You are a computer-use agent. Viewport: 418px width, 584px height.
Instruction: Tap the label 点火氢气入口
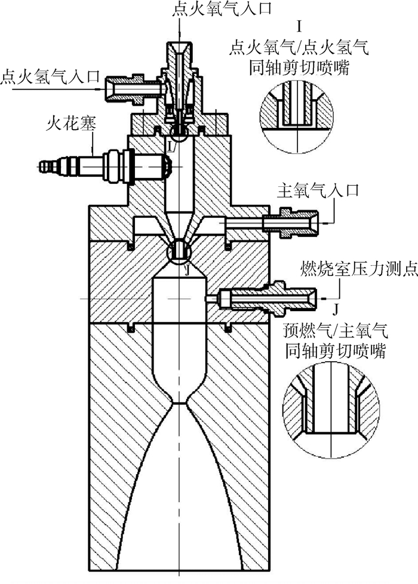point(43,77)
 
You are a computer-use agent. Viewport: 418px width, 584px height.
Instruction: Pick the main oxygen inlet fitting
point(287,222)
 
